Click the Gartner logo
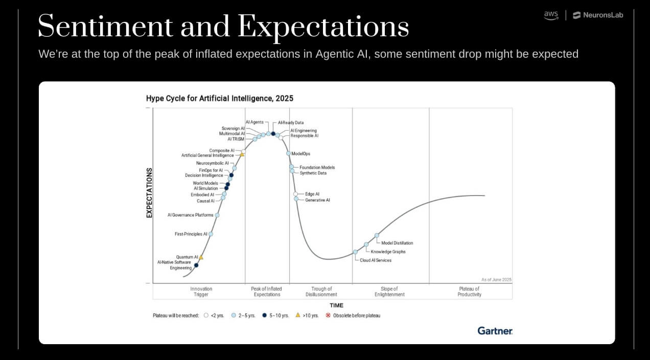tap(495, 331)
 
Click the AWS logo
tap(551, 15)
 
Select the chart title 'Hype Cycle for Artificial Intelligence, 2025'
tap(220, 98)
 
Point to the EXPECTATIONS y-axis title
tap(150, 193)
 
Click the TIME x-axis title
tap(336, 305)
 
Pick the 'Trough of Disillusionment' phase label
tap(321, 292)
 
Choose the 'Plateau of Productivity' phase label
tap(469, 292)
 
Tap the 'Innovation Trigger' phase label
tap(201, 292)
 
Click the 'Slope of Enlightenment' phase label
tap(389, 292)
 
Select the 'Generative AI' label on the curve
tap(317, 200)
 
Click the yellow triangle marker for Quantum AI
tap(201, 257)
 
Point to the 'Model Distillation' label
tap(397, 243)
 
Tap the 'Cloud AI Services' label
tap(376, 260)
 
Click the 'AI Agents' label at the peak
tap(254, 123)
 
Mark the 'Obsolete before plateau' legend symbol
tap(328, 316)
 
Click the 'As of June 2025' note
tap(496, 280)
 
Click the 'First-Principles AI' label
tap(191, 234)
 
